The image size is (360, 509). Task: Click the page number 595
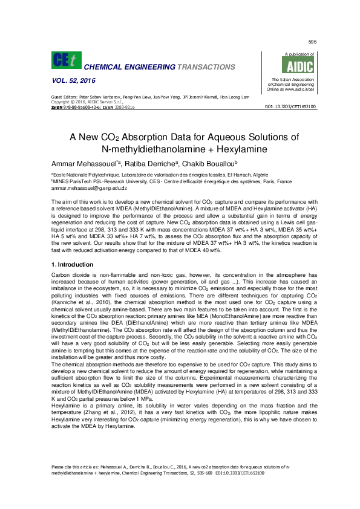point(312,42)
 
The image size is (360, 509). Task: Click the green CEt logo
point(67,60)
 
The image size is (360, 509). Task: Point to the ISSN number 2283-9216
point(123,106)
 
